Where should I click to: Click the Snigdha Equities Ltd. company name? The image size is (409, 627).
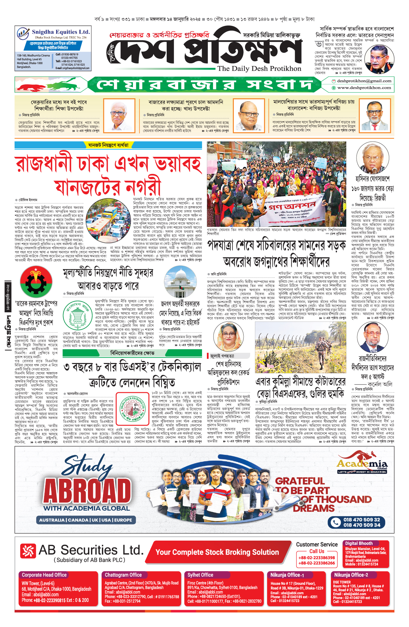[x=61, y=32]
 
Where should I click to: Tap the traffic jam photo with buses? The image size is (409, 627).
[x=108, y=216]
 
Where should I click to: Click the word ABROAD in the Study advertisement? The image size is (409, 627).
[x=87, y=490]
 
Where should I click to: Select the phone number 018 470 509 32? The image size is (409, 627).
[x=361, y=519]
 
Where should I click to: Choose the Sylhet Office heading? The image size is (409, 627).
[x=200, y=575]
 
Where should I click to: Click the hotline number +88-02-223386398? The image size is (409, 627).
[x=317, y=558]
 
